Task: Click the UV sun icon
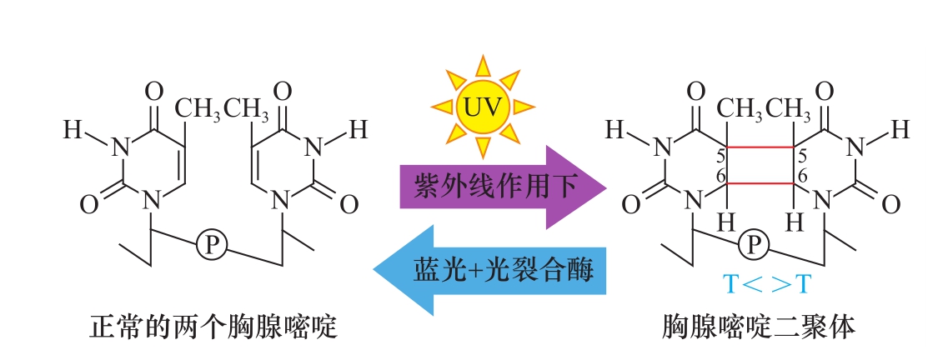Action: pos(482,107)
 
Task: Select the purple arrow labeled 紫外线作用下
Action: pos(503,187)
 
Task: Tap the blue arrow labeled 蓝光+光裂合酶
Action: pos(489,270)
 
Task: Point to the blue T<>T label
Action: pos(765,283)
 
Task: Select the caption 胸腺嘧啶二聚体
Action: pos(759,328)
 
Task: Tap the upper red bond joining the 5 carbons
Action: pos(760,147)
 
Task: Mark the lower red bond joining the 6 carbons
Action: pos(760,182)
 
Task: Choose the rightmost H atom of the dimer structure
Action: pos(900,129)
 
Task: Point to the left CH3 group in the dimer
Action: pos(740,109)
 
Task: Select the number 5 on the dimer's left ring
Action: pos(720,156)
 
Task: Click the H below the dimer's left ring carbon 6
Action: pos(726,222)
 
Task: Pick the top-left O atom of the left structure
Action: pos(155,92)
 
